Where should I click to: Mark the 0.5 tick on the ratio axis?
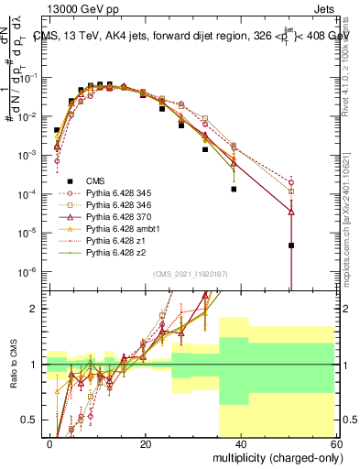pos(30,420)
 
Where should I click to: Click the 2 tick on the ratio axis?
pos(35,309)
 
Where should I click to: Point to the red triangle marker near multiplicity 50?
pos(291,212)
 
